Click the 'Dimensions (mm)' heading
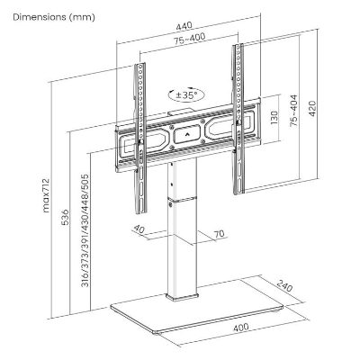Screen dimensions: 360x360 coord(54,17)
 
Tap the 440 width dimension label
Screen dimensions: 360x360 coord(184,26)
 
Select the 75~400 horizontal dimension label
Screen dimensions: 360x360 coord(190,39)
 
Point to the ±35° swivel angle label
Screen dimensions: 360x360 coord(186,95)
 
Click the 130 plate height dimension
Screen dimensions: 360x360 coord(274,119)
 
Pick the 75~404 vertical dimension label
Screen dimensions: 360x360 coord(293,111)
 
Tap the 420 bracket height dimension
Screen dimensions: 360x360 coord(312,109)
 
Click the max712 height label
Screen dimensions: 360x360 coord(46,195)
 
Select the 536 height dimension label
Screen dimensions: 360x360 coord(65,217)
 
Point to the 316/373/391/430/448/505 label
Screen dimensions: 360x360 coord(85,230)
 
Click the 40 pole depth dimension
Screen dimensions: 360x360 coord(139,229)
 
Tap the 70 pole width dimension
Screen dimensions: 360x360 coord(220,234)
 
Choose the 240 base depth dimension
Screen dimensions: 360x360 coord(284,286)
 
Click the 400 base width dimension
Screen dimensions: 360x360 coord(241,327)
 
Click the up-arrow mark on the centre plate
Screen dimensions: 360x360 coord(187,134)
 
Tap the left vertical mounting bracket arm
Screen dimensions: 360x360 coord(140,139)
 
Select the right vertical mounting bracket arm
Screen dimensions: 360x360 coord(238,119)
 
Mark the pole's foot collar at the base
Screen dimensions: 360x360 coord(182,296)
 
